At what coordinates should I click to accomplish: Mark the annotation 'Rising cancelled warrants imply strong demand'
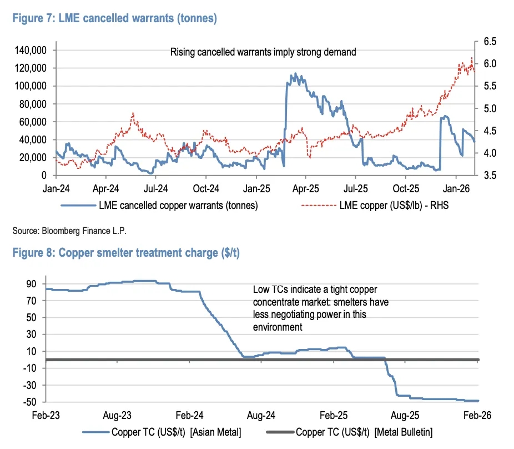tap(263, 52)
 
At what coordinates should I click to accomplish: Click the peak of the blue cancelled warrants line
tap(295, 73)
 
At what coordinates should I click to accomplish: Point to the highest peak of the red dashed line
tap(472, 58)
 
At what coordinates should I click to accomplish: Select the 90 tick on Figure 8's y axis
tap(32, 284)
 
